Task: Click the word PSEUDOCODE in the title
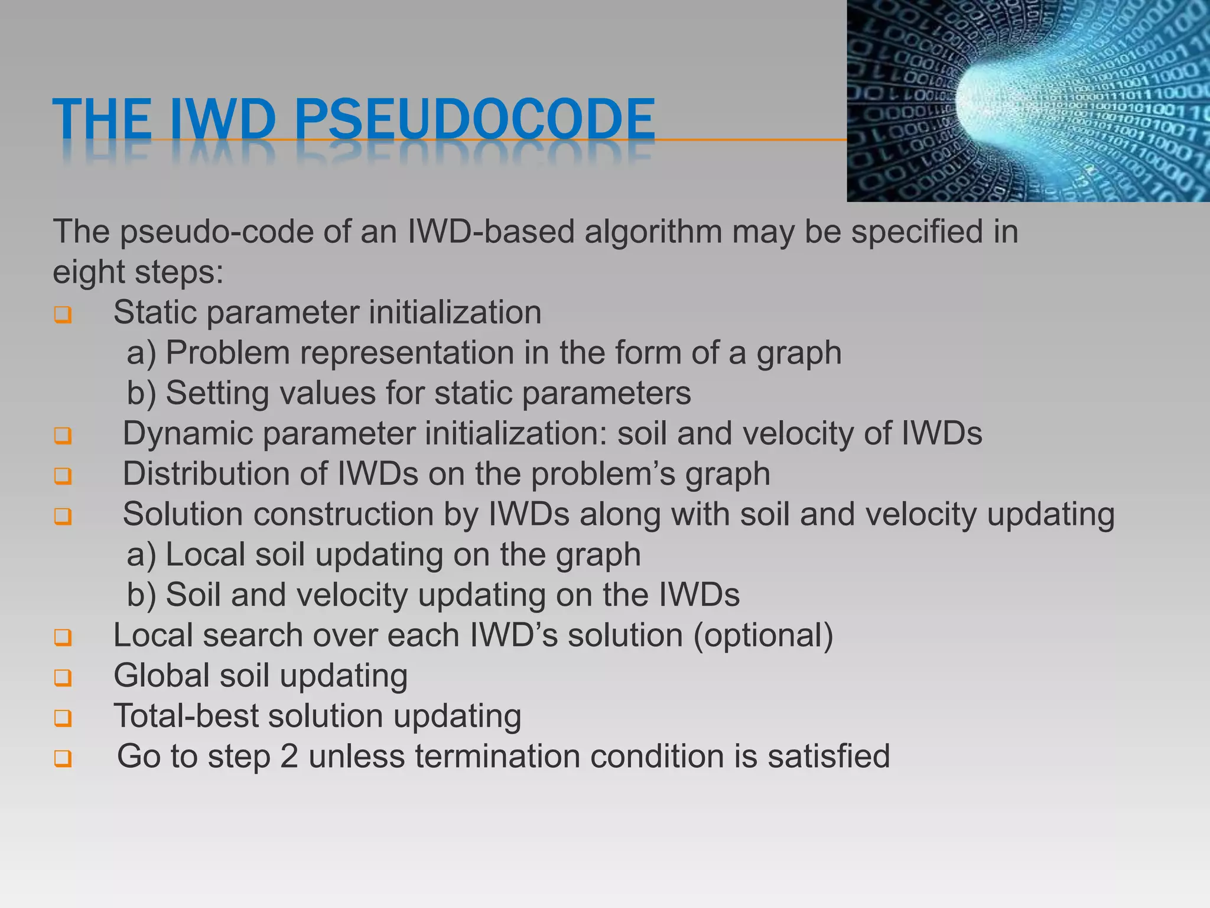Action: click(474, 120)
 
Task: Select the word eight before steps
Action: click(89, 273)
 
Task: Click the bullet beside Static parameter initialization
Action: click(63, 314)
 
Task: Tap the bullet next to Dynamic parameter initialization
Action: click(63, 436)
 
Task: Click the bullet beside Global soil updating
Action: click(63, 677)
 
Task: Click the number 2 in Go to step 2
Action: click(289, 757)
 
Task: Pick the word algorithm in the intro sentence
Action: click(653, 232)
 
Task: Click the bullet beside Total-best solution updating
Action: click(63, 718)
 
